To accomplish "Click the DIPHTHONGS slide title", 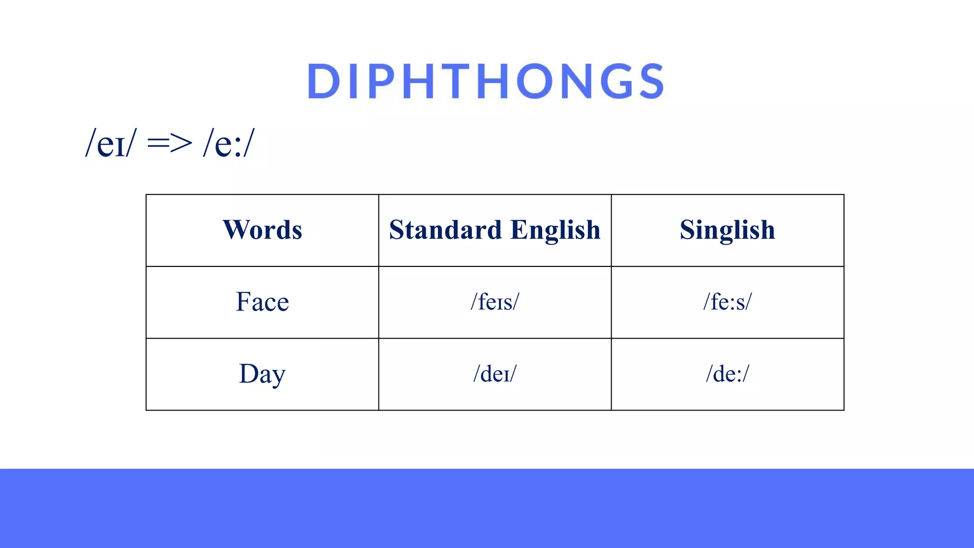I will click(x=486, y=81).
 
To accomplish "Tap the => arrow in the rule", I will click(x=169, y=143).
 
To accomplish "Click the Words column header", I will click(x=262, y=230).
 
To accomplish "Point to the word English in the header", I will click(x=555, y=231).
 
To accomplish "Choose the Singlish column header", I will click(x=727, y=230).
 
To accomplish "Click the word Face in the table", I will click(x=262, y=302).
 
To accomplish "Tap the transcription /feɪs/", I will click(x=495, y=302).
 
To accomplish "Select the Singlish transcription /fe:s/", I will click(x=727, y=302).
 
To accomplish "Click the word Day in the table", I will click(x=262, y=374).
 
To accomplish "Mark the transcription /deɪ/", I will click(x=495, y=374).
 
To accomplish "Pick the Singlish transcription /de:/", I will click(x=727, y=374).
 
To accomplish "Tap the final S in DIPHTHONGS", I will click(x=650, y=81).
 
